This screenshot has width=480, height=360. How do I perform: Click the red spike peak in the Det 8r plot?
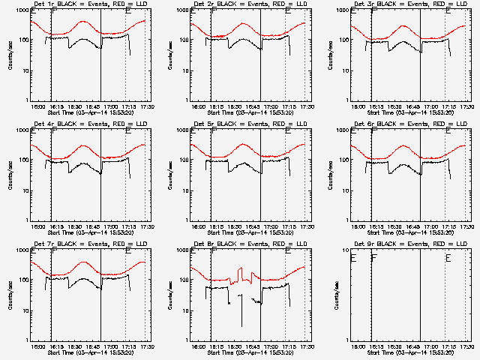point(240,269)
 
